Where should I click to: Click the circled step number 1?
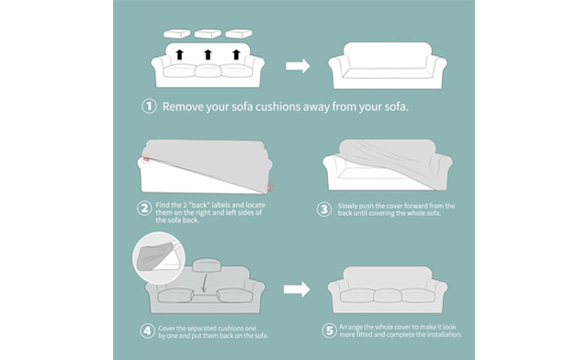pyautogui.click(x=149, y=107)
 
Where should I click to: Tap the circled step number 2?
pyautogui.click(x=144, y=208)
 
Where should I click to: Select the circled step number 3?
pyautogui.click(x=324, y=209)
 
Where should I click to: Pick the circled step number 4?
pyautogui.click(x=147, y=332)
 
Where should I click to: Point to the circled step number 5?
pyautogui.click(x=329, y=331)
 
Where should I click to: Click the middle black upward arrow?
pyautogui.click(x=209, y=54)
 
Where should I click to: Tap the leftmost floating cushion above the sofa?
pyautogui.click(x=177, y=34)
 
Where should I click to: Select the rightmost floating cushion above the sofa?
pyautogui.click(x=239, y=34)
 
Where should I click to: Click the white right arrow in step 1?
pyautogui.click(x=298, y=66)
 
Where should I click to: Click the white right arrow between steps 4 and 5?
pyautogui.click(x=297, y=289)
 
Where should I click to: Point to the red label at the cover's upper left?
pyautogui.click(x=146, y=159)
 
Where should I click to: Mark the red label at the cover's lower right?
pyautogui.click(x=268, y=187)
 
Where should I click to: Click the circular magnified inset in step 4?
pyautogui.click(x=159, y=258)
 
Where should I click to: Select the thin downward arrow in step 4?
pyautogui.click(x=204, y=282)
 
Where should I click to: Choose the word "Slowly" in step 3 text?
pyautogui.click(x=347, y=206)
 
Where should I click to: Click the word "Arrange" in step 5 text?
pyautogui.click(x=351, y=327)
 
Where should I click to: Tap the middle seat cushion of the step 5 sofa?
pyautogui.click(x=388, y=296)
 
